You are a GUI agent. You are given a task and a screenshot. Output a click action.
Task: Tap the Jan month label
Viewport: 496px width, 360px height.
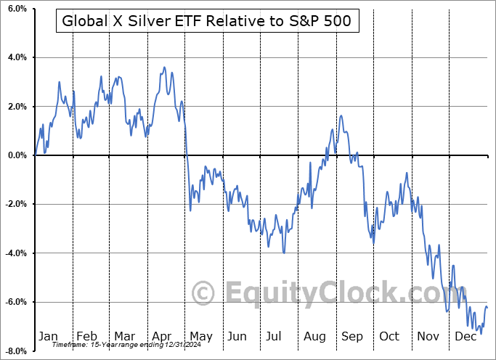click(48, 336)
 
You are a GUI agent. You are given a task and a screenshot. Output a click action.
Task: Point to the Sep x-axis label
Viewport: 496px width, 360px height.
click(353, 336)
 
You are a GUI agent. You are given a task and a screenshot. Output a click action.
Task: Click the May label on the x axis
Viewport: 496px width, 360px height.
click(201, 336)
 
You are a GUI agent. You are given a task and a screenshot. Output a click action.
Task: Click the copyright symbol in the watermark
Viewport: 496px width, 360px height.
click(203, 293)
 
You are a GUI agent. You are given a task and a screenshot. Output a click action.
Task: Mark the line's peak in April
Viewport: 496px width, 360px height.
click(165, 67)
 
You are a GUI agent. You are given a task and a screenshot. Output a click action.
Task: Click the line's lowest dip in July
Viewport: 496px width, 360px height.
click(284, 253)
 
